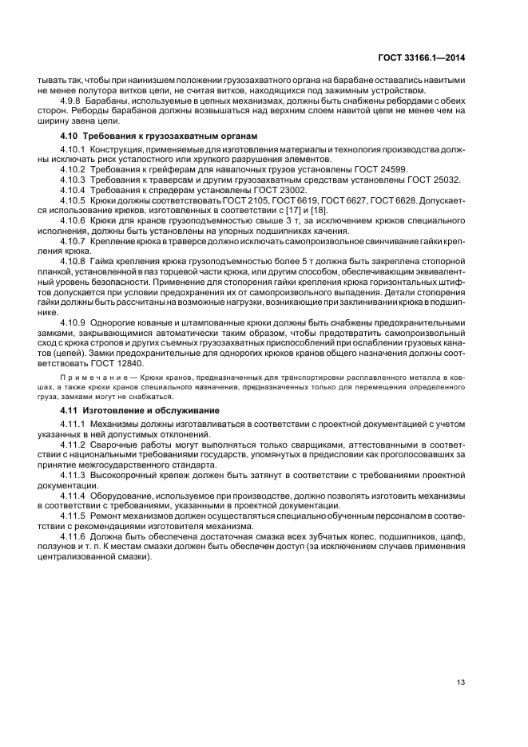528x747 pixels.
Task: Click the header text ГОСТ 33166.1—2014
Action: point(422,56)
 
